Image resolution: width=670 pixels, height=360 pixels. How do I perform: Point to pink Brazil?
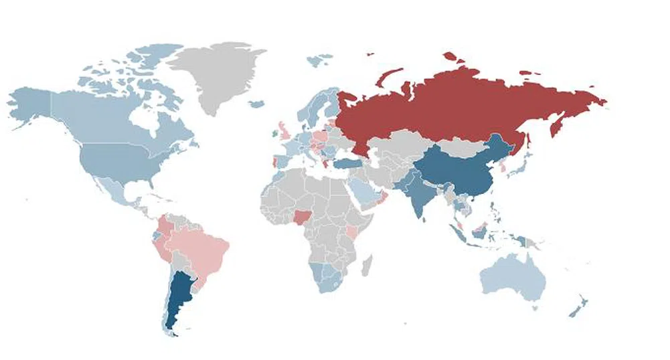201,248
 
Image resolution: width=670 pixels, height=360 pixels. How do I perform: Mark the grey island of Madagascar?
367,266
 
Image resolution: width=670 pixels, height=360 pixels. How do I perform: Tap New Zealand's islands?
577,308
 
